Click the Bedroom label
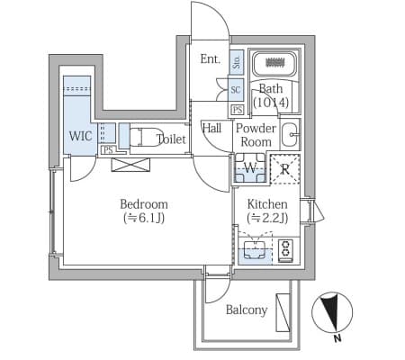click(144, 204)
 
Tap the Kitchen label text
click(267, 204)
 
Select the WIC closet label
click(80, 136)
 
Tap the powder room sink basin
click(290, 134)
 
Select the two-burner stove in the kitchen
click(285, 249)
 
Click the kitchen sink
click(256, 250)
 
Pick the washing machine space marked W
click(250, 168)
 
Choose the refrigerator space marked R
click(285, 169)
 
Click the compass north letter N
click(337, 338)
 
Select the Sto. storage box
click(237, 62)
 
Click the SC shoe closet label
click(236, 89)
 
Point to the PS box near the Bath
click(238, 110)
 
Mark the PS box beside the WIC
click(108, 149)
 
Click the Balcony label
click(247, 310)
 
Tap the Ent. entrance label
click(211, 58)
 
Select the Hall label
click(211, 129)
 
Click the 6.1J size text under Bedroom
click(144, 219)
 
